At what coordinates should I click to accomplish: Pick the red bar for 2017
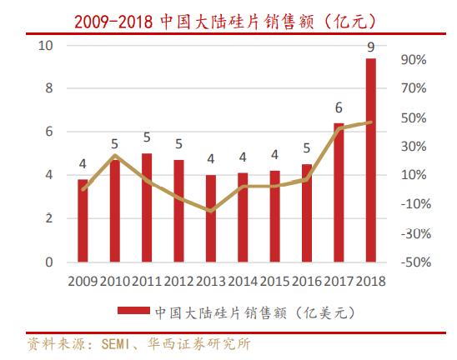pos(339,192)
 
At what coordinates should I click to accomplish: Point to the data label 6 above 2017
pos(339,108)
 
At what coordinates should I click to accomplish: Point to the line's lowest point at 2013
pos(211,211)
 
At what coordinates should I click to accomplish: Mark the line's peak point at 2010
pos(115,156)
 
